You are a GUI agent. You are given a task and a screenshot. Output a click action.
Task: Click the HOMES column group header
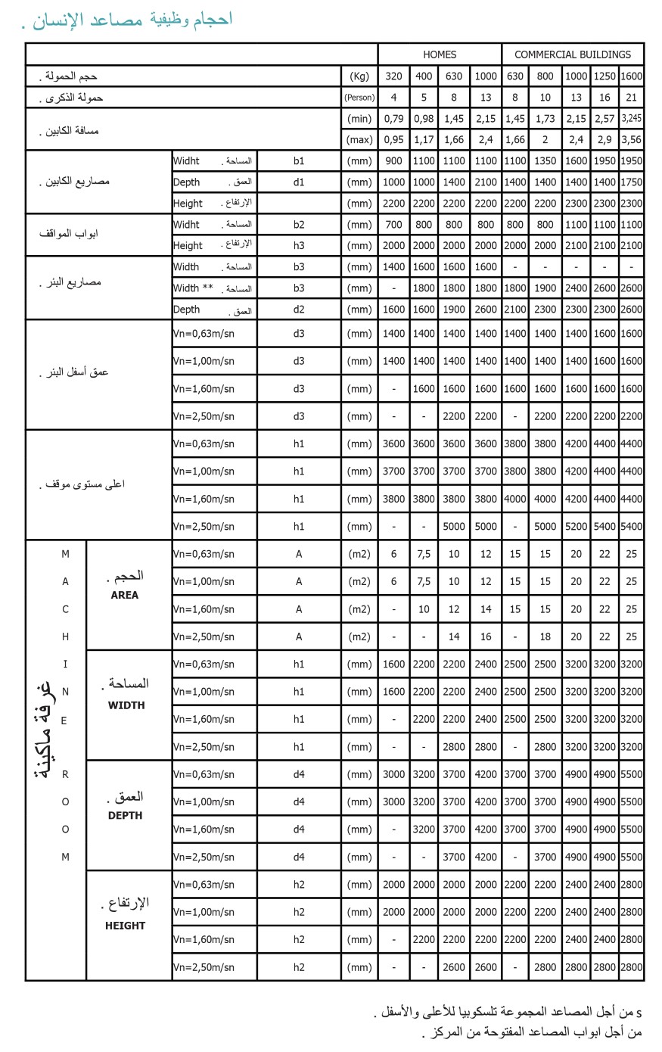[440, 54]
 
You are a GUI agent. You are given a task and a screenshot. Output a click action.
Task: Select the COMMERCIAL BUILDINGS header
[573, 54]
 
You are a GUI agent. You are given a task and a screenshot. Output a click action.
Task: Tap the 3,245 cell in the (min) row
[631, 118]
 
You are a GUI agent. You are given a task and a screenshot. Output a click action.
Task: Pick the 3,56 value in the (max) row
[631, 139]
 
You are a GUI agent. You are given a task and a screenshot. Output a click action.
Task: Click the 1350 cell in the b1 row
[545, 160]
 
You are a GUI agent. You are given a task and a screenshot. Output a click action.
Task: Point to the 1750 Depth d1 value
[631, 182]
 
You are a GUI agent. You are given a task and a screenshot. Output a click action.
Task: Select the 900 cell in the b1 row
[393, 160]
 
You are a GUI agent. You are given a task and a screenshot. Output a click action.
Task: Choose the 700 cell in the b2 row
[393, 224]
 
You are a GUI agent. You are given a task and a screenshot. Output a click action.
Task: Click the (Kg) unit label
[359, 76]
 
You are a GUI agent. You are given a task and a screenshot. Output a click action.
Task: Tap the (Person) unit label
[359, 97]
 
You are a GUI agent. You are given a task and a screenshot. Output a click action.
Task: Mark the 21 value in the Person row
[631, 97]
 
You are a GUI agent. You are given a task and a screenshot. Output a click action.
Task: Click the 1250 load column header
[605, 76]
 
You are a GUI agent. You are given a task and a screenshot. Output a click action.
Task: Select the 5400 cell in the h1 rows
[605, 526]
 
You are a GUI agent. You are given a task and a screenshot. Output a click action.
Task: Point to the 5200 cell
[576, 526]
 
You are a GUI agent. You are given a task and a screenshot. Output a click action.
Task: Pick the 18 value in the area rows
[545, 636]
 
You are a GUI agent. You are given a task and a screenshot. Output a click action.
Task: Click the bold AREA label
[124, 595]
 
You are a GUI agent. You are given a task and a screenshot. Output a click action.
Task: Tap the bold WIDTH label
[126, 705]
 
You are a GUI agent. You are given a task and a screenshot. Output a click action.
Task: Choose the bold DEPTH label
[125, 815]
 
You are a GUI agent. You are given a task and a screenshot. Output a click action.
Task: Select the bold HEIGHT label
[125, 926]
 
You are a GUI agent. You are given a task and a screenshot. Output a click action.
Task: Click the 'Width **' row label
[193, 288]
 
